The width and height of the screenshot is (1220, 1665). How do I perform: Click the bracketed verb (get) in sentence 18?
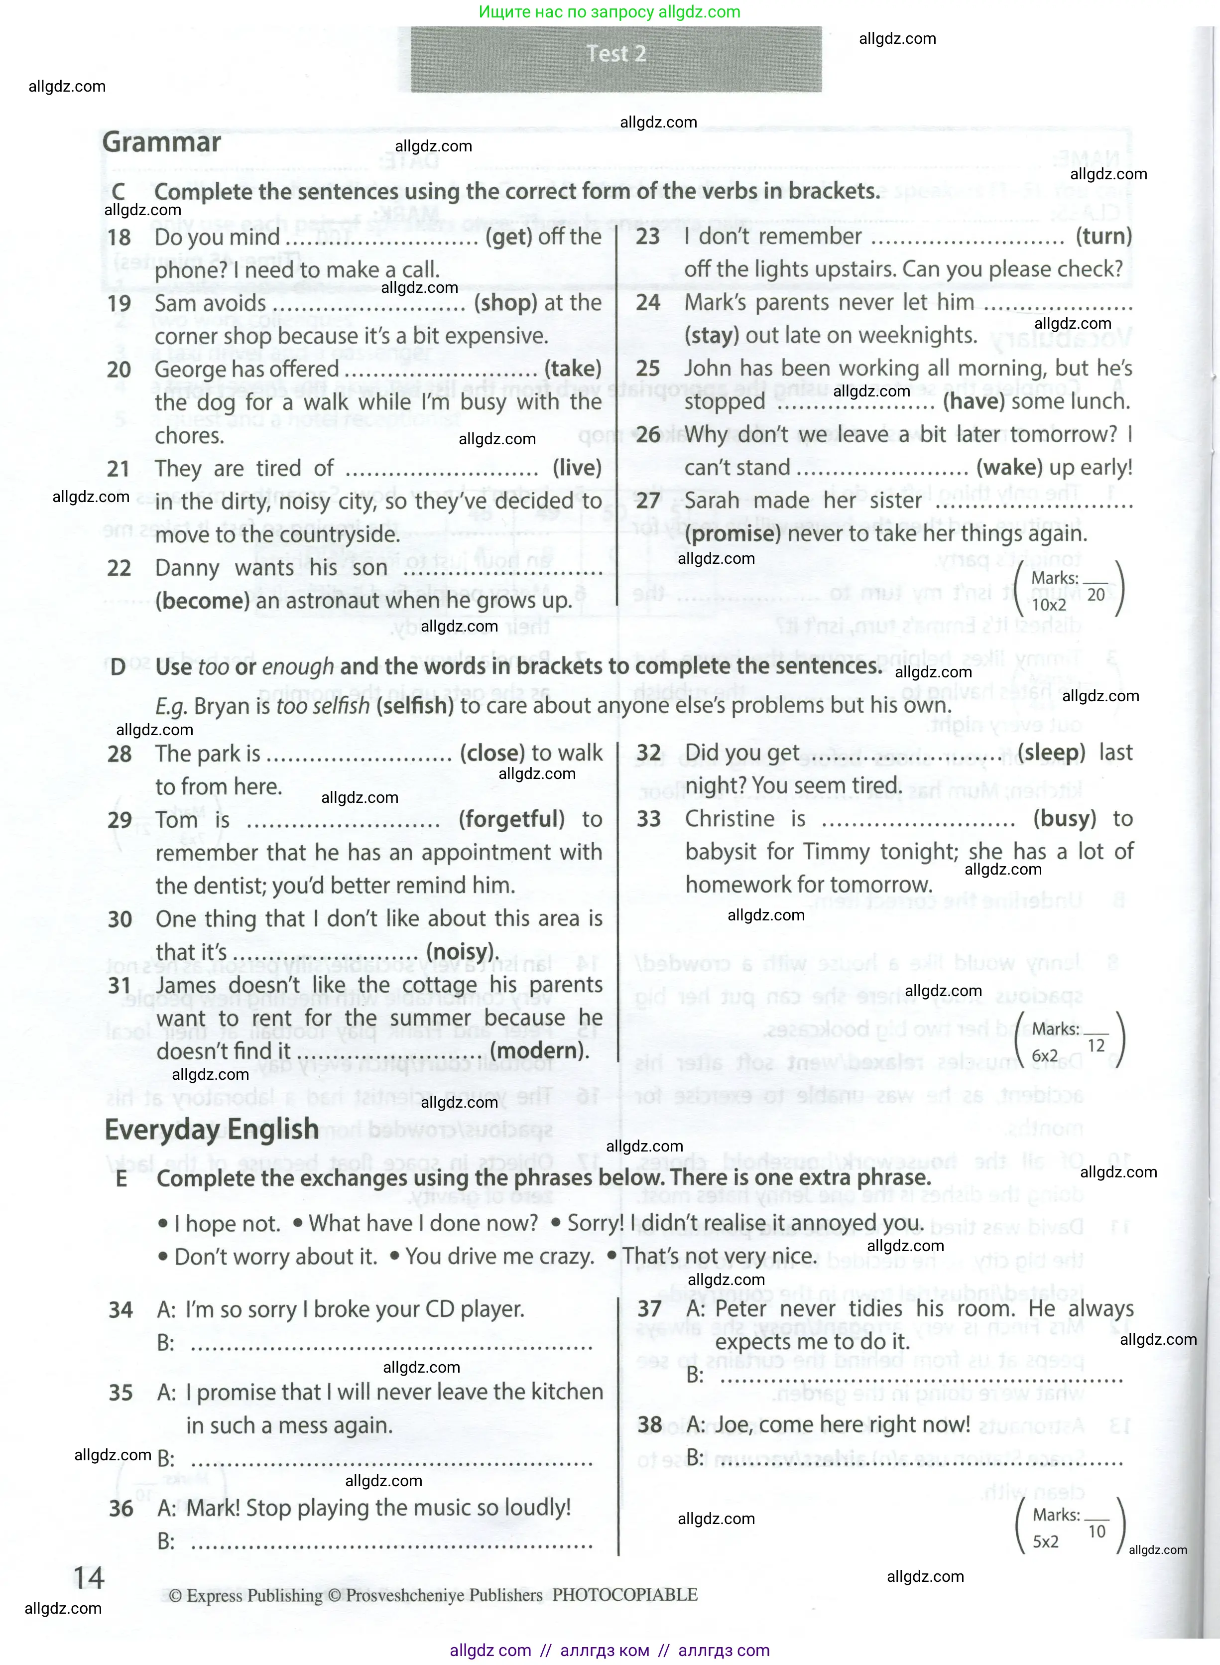[509, 237]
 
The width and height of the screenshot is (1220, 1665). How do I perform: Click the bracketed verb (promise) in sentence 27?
[732, 534]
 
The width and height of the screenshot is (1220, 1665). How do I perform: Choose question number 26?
[648, 434]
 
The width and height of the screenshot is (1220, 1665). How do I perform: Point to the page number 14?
[89, 1578]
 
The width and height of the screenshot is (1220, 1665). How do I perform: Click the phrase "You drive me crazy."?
[499, 1257]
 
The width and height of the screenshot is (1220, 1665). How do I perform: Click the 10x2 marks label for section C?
[1049, 605]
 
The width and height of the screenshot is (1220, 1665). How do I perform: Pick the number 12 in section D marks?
[1096, 1046]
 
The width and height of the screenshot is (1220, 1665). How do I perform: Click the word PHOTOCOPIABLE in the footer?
[625, 1595]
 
